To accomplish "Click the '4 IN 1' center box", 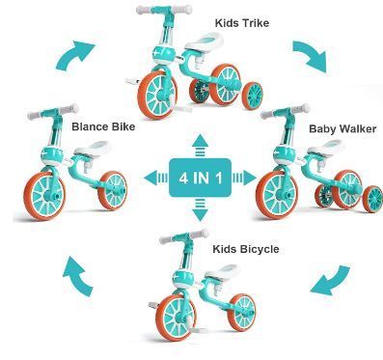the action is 200,178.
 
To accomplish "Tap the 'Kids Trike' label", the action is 242,23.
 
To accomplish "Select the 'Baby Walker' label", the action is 342,129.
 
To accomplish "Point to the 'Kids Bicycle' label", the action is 246,249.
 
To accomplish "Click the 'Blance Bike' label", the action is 103,126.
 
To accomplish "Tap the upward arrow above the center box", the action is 200,145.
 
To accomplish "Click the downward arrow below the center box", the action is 200,209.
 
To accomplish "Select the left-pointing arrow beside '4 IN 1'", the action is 156,178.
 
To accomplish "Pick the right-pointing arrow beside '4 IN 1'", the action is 244,178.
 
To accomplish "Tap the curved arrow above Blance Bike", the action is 75,55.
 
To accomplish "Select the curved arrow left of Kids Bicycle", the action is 77,276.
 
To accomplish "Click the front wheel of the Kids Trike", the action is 157,96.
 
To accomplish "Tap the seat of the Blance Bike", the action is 94,148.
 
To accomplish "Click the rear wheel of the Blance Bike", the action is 113,191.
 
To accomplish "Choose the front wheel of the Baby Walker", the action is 277,195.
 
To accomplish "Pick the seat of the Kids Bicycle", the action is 223,271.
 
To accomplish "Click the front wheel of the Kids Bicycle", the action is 177,317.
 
